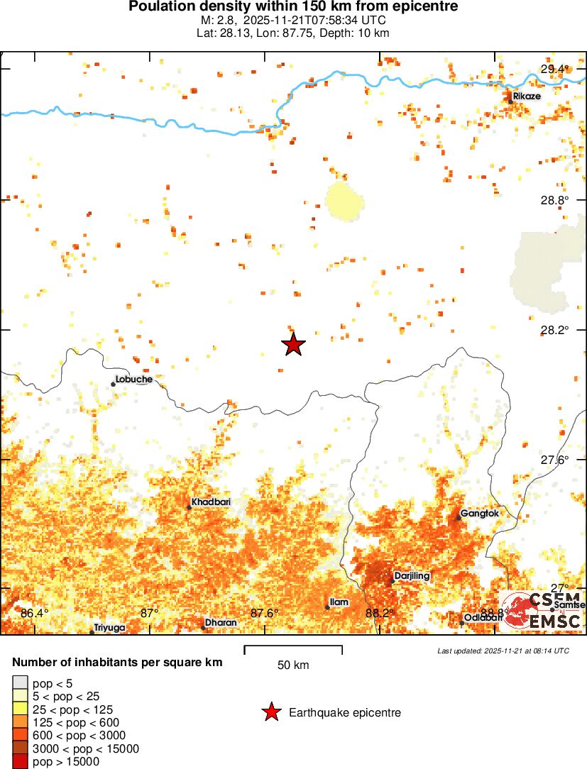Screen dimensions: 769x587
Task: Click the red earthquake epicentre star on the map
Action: coord(293,345)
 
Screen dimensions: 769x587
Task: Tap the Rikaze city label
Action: coord(527,95)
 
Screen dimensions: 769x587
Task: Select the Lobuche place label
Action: coord(134,380)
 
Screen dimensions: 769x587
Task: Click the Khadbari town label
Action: coord(211,502)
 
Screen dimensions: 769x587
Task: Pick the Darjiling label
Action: coord(412,576)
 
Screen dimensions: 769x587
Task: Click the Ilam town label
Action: coord(339,602)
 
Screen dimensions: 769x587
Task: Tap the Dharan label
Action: coord(221,624)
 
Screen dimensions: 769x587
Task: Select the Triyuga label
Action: coord(110,628)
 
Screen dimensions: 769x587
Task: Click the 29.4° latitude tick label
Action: coord(554,69)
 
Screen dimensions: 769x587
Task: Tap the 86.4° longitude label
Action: coord(35,613)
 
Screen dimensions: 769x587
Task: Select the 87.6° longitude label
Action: coord(265,613)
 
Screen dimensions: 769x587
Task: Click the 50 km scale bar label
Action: coord(292,665)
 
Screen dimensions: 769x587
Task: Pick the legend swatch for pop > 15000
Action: coord(20,762)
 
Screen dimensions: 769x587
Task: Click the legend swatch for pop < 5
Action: coord(20,683)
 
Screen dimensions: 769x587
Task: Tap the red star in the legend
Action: coord(270,713)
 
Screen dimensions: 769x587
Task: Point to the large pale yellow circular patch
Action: coord(344,199)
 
